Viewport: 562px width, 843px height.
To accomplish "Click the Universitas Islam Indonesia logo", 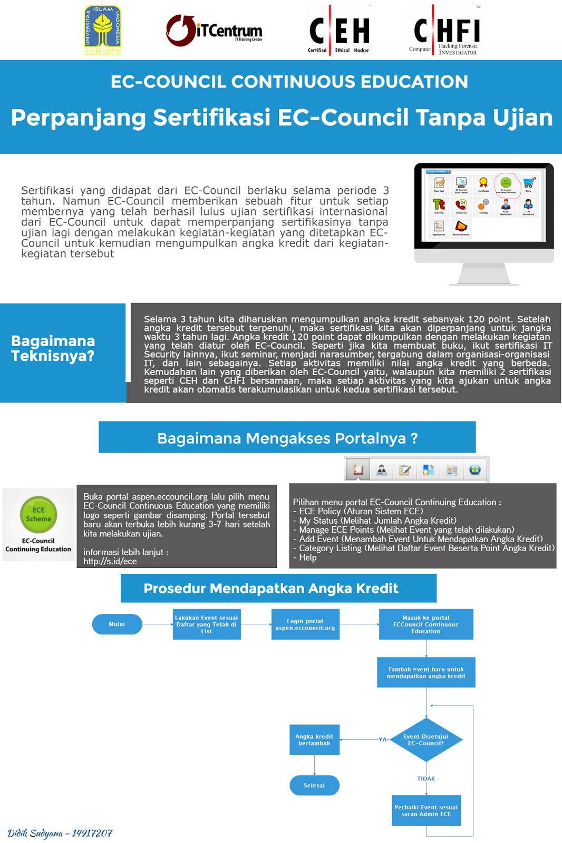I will (x=103, y=31).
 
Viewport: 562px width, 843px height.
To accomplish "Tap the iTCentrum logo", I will (x=214, y=31).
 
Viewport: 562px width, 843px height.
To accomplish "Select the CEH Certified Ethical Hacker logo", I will (x=339, y=31).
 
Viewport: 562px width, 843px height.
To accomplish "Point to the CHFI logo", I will (x=446, y=31).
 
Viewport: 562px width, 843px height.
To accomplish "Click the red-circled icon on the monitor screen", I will (x=506, y=185).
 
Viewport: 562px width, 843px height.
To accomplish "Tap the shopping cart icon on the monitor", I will (x=529, y=183).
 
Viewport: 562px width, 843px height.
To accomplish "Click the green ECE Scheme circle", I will (x=38, y=514).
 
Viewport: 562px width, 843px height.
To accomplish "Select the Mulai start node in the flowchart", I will (x=117, y=624).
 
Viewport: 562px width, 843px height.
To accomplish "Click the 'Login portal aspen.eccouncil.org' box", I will (x=305, y=624).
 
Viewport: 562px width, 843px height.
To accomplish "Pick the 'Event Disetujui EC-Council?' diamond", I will (x=426, y=740).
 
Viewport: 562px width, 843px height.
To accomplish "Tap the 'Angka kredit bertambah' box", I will (x=314, y=740).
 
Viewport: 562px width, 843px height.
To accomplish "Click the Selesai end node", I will (x=314, y=786).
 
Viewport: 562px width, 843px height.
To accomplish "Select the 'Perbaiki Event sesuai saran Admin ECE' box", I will (x=426, y=810).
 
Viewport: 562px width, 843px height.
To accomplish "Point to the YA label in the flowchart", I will (x=383, y=740).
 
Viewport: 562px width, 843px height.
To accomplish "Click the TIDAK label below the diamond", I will (x=426, y=779).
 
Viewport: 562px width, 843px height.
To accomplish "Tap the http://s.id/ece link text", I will (x=110, y=562).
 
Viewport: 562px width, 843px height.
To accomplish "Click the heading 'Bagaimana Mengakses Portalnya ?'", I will (x=287, y=438).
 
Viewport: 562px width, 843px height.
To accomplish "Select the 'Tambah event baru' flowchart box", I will (x=426, y=672).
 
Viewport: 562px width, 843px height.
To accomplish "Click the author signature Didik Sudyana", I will (x=60, y=833).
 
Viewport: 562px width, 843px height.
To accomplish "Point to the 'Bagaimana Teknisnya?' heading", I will (x=53, y=348).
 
